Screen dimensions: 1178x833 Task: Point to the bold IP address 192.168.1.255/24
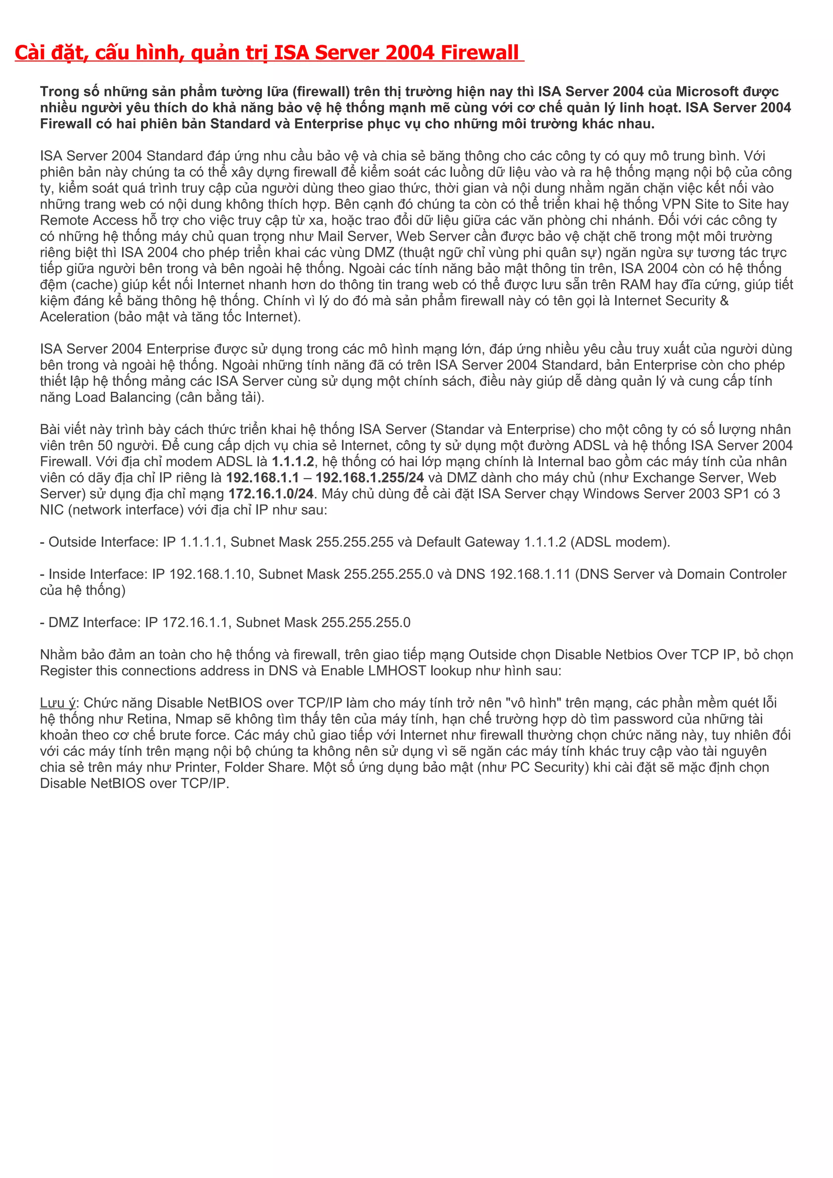pyautogui.click(x=370, y=478)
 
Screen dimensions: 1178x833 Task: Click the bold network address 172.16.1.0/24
pyautogui.click(x=271, y=493)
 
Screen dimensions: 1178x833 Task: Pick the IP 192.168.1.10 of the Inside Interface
pyautogui.click(x=210, y=574)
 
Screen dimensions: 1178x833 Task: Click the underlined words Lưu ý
pyautogui.click(x=57, y=703)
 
